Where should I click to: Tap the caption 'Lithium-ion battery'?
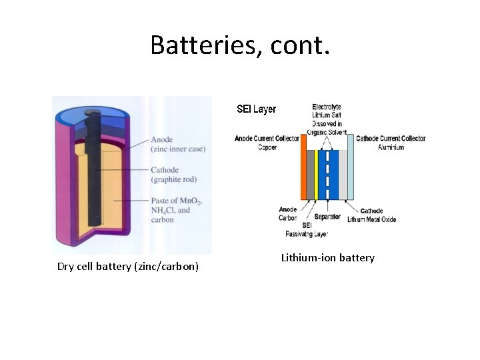(327, 258)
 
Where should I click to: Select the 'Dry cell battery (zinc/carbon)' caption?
(128, 267)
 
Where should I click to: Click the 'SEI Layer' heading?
(257, 109)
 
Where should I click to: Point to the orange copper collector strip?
(303, 175)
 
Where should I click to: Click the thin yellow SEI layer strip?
(316, 175)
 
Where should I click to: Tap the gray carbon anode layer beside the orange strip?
(310, 175)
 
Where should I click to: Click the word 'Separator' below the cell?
(327, 217)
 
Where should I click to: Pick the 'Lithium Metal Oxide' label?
(372, 219)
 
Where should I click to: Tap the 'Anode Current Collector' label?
(267, 139)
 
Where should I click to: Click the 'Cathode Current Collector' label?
(391, 139)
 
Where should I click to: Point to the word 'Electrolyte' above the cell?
(326, 107)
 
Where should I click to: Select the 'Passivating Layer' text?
(307, 234)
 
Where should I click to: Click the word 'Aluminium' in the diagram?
(391, 147)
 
